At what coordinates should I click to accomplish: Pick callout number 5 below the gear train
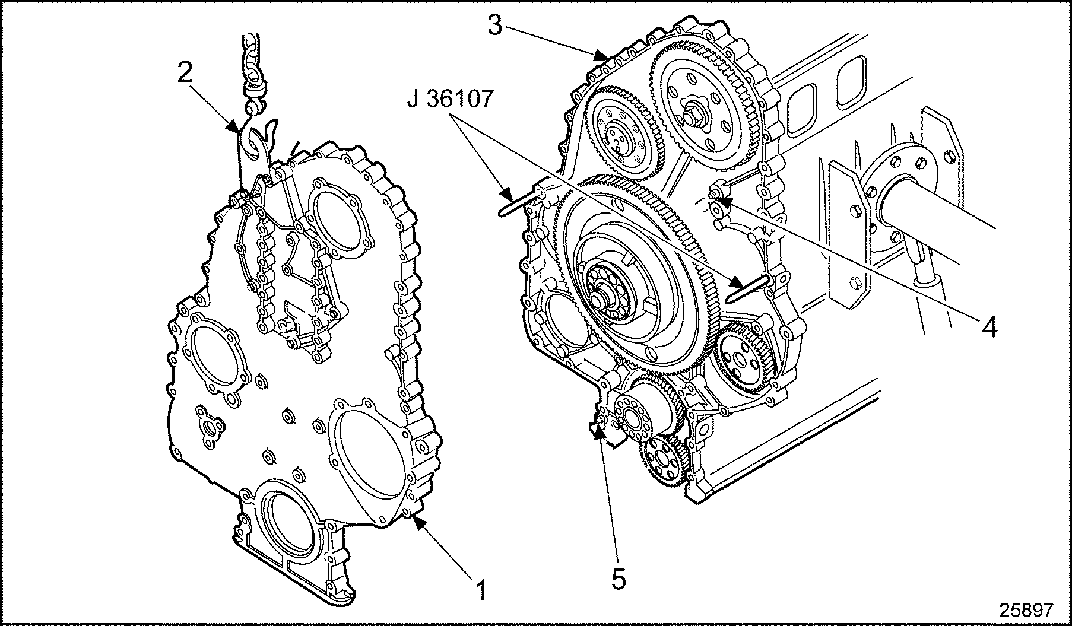point(619,579)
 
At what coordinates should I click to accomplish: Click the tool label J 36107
point(451,99)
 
